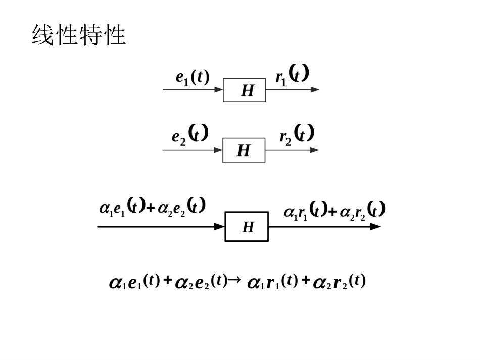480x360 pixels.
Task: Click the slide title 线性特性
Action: [x=79, y=36]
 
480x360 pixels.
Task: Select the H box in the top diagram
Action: [x=245, y=90]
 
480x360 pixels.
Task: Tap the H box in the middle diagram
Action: [x=244, y=150]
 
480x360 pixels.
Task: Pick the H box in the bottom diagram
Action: [x=247, y=227]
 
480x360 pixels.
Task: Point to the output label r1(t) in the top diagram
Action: [x=292, y=76]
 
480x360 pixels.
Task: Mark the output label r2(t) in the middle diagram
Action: [x=297, y=135]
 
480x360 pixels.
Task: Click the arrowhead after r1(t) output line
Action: [x=315, y=90]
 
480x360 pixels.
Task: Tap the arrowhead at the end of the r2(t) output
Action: [x=314, y=150]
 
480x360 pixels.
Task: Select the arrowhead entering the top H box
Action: [x=219, y=90]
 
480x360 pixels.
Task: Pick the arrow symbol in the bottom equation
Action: [x=234, y=281]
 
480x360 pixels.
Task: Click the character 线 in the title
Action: [x=43, y=36]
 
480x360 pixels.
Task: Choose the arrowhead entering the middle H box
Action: [x=218, y=150]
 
